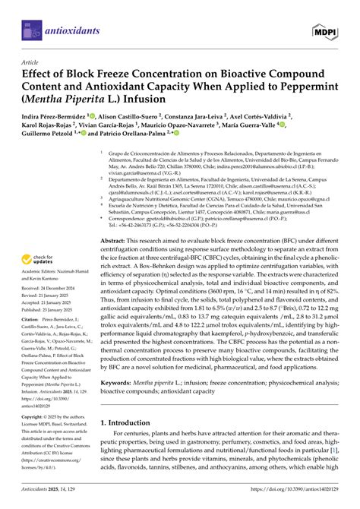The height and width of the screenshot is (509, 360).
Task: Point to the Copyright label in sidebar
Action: pyautogui.click(x=34, y=438)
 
